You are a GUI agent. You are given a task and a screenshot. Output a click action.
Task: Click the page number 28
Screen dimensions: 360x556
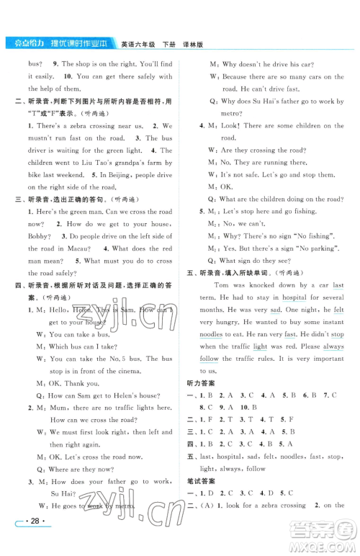[x=33, y=539]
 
